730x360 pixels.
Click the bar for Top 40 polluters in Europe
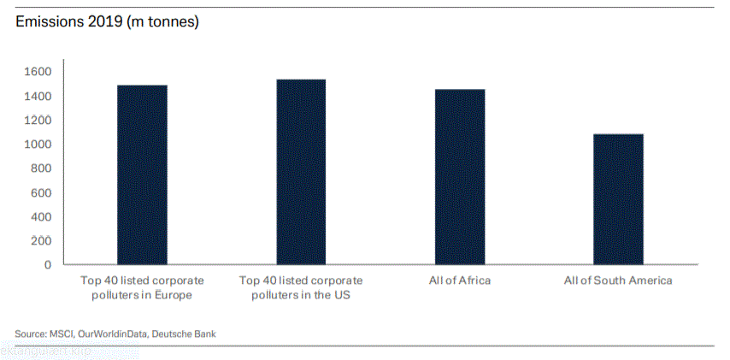(x=142, y=174)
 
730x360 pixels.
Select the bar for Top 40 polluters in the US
(x=301, y=172)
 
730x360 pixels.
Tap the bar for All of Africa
(x=460, y=177)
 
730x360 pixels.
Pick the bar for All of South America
(x=618, y=199)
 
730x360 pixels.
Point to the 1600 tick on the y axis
(x=38, y=72)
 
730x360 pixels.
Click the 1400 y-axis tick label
(x=38, y=96)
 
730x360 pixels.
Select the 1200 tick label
(x=38, y=120)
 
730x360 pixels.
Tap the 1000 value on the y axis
(x=38, y=144)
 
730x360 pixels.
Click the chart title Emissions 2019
(x=108, y=22)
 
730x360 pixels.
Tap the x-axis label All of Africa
(x=460, y=280)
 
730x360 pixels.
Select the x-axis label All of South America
(x=618, y=280)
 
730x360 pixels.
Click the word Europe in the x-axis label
(x=172, y=295)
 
